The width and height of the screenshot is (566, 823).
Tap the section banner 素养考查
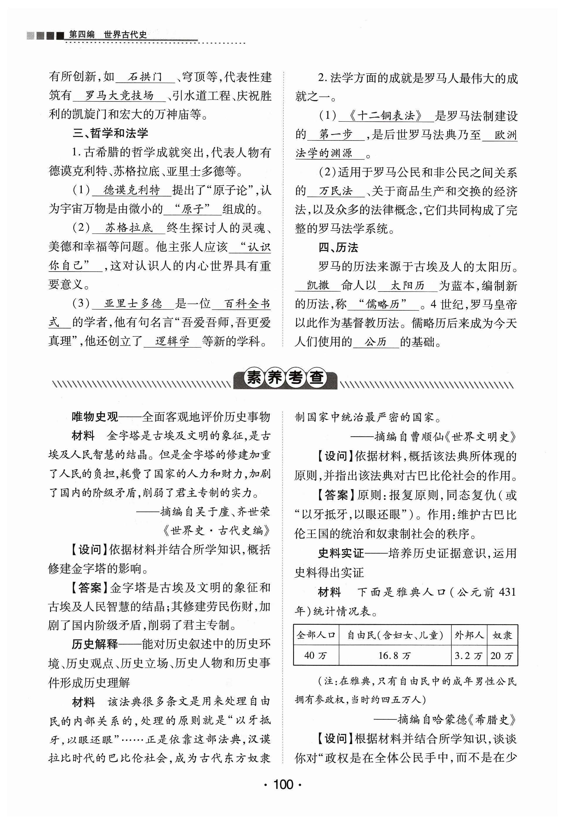[285, 378]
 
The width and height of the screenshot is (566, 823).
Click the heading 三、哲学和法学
[110, 133]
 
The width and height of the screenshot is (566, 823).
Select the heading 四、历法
[338, 248]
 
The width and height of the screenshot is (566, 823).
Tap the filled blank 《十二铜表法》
[385, 116]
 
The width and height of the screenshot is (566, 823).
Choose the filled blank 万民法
[336, 191]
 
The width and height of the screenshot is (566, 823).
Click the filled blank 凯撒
[318, 285]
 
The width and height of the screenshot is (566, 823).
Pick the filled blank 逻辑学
[172, 341]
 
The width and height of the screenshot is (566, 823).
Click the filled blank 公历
[375, 342]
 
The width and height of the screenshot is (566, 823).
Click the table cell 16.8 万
[394, 656]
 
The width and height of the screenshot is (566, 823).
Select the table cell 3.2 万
[468, 656]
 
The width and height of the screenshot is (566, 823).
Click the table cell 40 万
[315, 656]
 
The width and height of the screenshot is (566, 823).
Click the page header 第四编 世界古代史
[108, 34]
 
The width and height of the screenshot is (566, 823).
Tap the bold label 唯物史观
[95, 417]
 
